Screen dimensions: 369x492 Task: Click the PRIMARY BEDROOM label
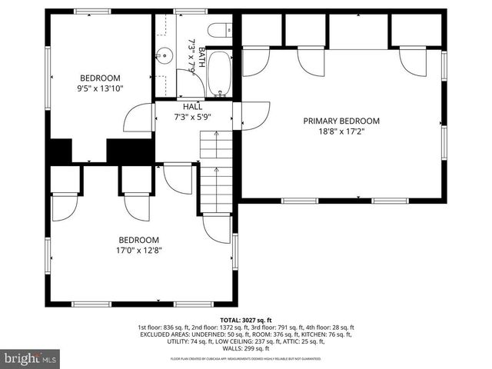(x=341, y=121)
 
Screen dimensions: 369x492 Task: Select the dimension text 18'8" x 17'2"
(x=341, y=131)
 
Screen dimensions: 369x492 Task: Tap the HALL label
(x=192, y=107)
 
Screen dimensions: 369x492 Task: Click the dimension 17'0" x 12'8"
(x=138, y=249)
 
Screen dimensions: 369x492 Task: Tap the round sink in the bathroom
(x=164, y=55)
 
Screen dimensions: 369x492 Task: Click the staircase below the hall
(x=216, y=171)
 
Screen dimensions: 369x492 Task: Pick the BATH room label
(x=202, y=58)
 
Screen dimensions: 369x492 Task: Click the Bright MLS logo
(x=31, y=358)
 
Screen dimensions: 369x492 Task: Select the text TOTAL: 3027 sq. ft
(x=246, y=320)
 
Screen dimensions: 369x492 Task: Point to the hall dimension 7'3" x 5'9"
(x=192, y=117)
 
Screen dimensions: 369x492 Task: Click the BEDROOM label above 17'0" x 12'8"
(x=138, y=239)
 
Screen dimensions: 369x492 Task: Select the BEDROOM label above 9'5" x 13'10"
(x=101, y=78)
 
